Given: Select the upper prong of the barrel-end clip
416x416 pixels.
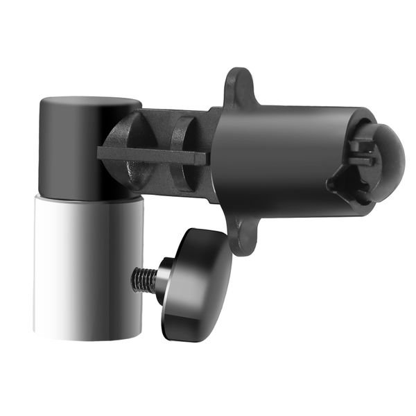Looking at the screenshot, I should (x=362, y=145).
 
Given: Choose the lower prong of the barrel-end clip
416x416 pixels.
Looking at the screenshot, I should (x=362, y=161).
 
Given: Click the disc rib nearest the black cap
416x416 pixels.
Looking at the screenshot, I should (x=132, y=149).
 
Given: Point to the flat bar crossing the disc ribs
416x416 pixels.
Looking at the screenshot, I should (x=153, y=156).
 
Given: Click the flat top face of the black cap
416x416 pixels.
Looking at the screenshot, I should (x=90, y=103).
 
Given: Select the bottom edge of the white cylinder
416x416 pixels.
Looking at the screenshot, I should (x=87, y=338).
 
